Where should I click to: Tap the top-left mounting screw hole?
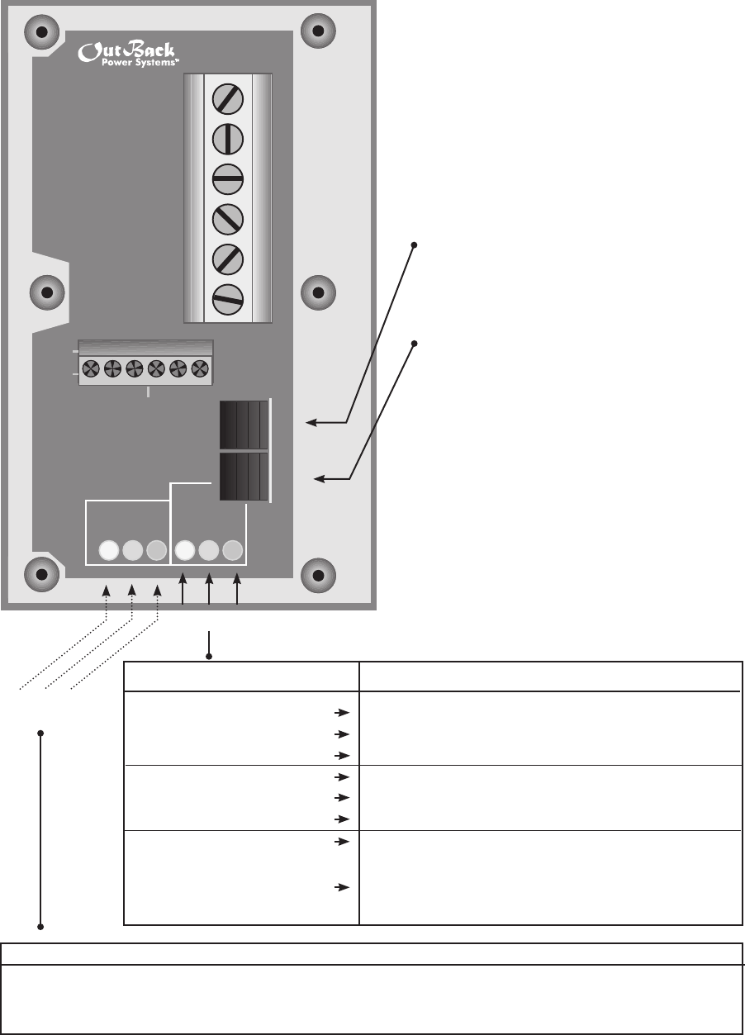(40, 33)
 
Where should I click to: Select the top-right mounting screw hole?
(316, 32)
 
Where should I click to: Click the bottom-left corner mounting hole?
(40, 572)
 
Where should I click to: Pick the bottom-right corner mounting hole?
(316, 572)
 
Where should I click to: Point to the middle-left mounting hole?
(46, 292)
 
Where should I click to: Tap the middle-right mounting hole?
(316, 292)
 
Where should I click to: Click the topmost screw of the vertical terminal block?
(227, 100)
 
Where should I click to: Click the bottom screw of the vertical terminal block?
(227, 299)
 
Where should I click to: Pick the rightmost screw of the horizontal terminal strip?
(198, 369)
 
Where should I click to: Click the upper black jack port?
(244, 425)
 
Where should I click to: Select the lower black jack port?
(244, 476)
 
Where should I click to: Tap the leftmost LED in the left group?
(108, 549)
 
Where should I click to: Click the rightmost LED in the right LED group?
(233, 549)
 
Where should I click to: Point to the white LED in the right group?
(185, 549)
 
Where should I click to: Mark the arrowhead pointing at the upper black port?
(310, 423)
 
